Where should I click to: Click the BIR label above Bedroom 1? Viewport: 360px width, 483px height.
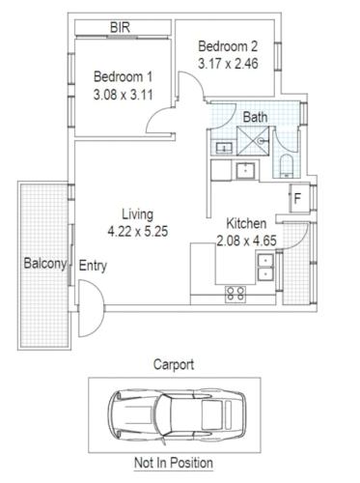tap(120, 27)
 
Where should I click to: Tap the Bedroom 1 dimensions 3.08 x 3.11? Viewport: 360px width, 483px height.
tap(124, 95)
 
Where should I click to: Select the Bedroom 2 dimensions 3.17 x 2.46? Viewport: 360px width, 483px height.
tap(228, 64)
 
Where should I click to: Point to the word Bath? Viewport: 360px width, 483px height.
tap(255, 117)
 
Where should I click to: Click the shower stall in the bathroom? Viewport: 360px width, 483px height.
tap(253, 141)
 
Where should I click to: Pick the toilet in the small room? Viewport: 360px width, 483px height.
tap(286, 166)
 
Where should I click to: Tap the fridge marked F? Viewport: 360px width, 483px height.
tap(299, 198)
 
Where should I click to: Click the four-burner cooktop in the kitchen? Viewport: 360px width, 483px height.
tap(235, 294)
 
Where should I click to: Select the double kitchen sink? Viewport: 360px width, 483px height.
tap(265, 267)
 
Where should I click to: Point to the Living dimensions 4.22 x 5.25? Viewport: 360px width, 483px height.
tap(138, 232)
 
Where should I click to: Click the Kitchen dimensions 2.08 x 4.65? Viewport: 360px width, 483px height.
tap(246, 241)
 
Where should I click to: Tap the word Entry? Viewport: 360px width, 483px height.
tap(93, 267)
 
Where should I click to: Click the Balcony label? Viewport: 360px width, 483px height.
tap(45, 264)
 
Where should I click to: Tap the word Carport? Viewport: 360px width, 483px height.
tap(174, 365)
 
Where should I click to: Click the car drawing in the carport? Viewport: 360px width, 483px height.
tap(177, 415)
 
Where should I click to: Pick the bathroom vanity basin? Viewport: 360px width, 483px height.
tap(224, 149)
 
